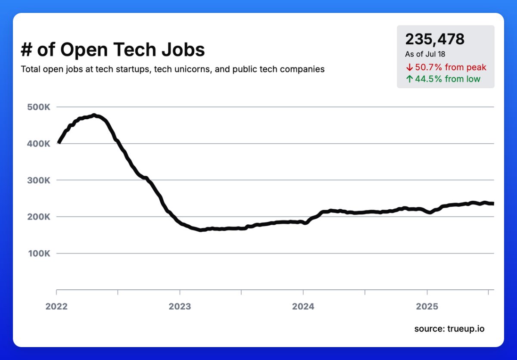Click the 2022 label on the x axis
(x=56, y=306)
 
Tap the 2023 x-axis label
(x=180, y=306)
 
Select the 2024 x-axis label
(x=303, y=306)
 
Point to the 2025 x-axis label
(x=427, y=306)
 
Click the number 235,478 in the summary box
(x=435, y=39)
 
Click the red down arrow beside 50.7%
(x=409, y=67)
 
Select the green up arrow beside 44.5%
(x=409, y=79)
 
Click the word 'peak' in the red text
(x=476, y=67)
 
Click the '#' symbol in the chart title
(x=27, y=50)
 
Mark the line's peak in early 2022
(x=94, y=115)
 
